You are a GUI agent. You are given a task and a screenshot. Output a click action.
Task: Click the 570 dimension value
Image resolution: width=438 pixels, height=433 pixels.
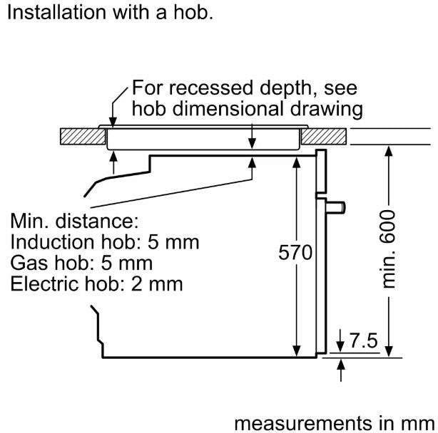295,252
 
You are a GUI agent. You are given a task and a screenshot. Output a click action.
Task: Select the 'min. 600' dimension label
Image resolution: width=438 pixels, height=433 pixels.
388,249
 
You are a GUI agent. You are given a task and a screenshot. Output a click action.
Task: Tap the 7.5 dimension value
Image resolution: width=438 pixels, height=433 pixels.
363,340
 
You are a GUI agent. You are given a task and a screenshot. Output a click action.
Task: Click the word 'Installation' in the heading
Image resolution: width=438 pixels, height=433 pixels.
56,13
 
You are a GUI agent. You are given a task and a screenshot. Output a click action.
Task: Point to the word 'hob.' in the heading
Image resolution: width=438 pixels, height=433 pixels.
193,13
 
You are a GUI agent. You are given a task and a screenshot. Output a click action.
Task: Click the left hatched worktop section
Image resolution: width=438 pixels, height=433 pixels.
83,136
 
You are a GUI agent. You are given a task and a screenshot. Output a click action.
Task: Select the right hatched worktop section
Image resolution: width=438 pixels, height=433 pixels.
324,136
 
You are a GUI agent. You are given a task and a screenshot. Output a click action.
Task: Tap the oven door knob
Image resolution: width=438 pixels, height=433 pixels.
336,207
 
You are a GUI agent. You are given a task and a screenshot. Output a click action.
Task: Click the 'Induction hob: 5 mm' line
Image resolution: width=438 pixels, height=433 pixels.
105,242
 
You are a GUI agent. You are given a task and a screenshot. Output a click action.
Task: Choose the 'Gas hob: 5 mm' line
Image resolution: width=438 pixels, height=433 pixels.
81,263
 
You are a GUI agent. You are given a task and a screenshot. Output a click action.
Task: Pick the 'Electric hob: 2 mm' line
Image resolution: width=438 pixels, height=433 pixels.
96,284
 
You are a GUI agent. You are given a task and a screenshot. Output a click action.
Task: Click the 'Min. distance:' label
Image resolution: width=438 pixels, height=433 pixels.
74,221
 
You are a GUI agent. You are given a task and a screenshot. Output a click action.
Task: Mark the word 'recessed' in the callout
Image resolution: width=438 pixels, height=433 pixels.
211,88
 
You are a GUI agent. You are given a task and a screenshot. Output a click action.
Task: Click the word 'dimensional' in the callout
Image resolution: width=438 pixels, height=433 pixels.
229,109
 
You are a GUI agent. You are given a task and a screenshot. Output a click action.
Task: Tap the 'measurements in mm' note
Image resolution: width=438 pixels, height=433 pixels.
335,423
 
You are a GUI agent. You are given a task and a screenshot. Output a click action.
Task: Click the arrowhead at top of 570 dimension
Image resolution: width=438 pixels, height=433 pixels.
296,162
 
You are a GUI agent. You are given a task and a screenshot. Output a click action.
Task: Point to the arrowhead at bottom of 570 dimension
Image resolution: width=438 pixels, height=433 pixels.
296,351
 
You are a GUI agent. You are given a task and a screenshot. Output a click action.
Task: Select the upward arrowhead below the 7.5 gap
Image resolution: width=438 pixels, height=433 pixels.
341,365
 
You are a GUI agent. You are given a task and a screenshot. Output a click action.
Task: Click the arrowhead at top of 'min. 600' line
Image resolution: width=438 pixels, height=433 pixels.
389,151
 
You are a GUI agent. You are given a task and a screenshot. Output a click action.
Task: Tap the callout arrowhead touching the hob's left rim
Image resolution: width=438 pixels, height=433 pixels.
113,122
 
